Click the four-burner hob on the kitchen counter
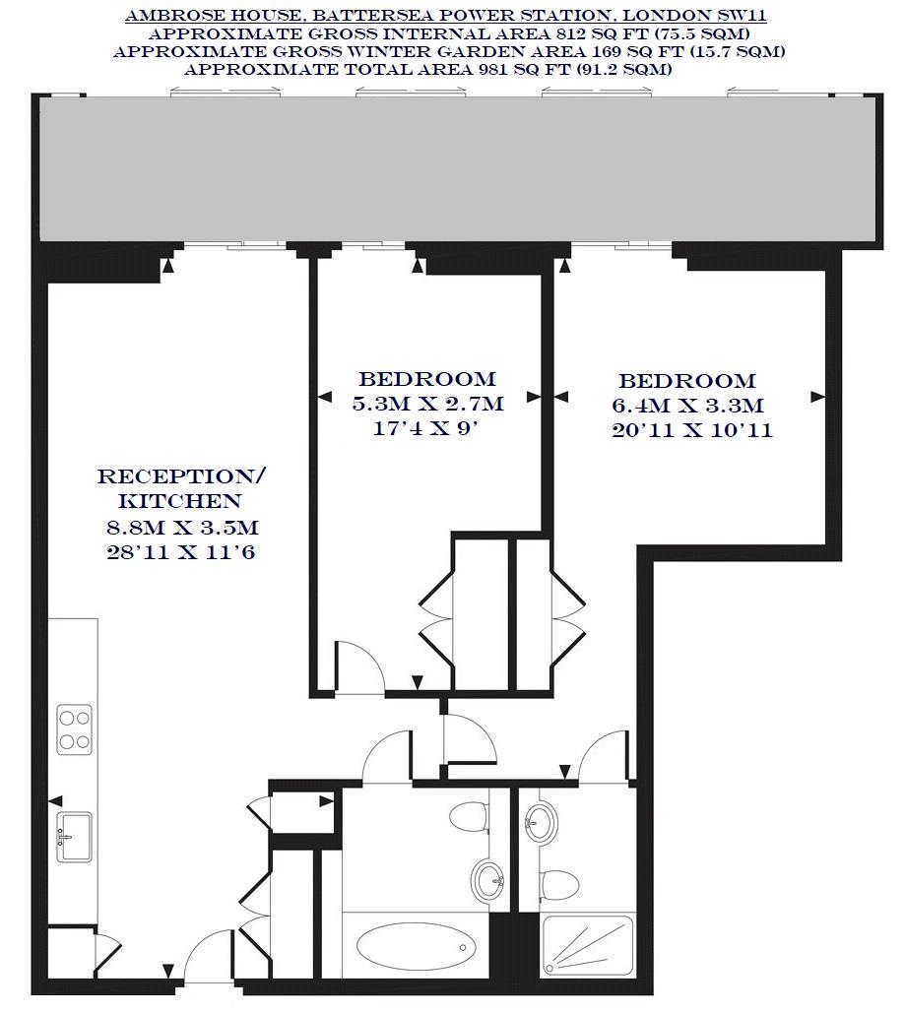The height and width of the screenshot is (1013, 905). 74,729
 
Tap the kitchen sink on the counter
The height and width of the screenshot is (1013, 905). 74,836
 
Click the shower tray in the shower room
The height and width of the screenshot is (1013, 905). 587,950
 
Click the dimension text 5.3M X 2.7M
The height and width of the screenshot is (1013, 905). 427,404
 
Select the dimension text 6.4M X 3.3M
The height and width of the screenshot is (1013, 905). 687,406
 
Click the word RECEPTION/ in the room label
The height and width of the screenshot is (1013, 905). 182,477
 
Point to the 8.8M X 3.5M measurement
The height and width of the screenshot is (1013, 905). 182,527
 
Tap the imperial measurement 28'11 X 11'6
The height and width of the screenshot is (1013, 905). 182,551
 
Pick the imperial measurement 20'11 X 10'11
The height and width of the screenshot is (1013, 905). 691,430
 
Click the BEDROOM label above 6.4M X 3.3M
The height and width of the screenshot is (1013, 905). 687,381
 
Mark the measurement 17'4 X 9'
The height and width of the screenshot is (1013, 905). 427,428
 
